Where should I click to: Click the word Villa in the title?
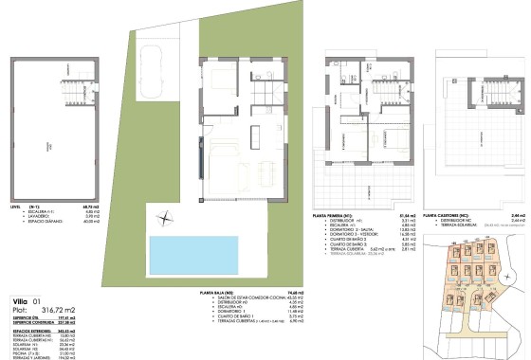click(x=19, y=300)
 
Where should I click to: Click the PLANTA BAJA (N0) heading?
click(x=219, y=294)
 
